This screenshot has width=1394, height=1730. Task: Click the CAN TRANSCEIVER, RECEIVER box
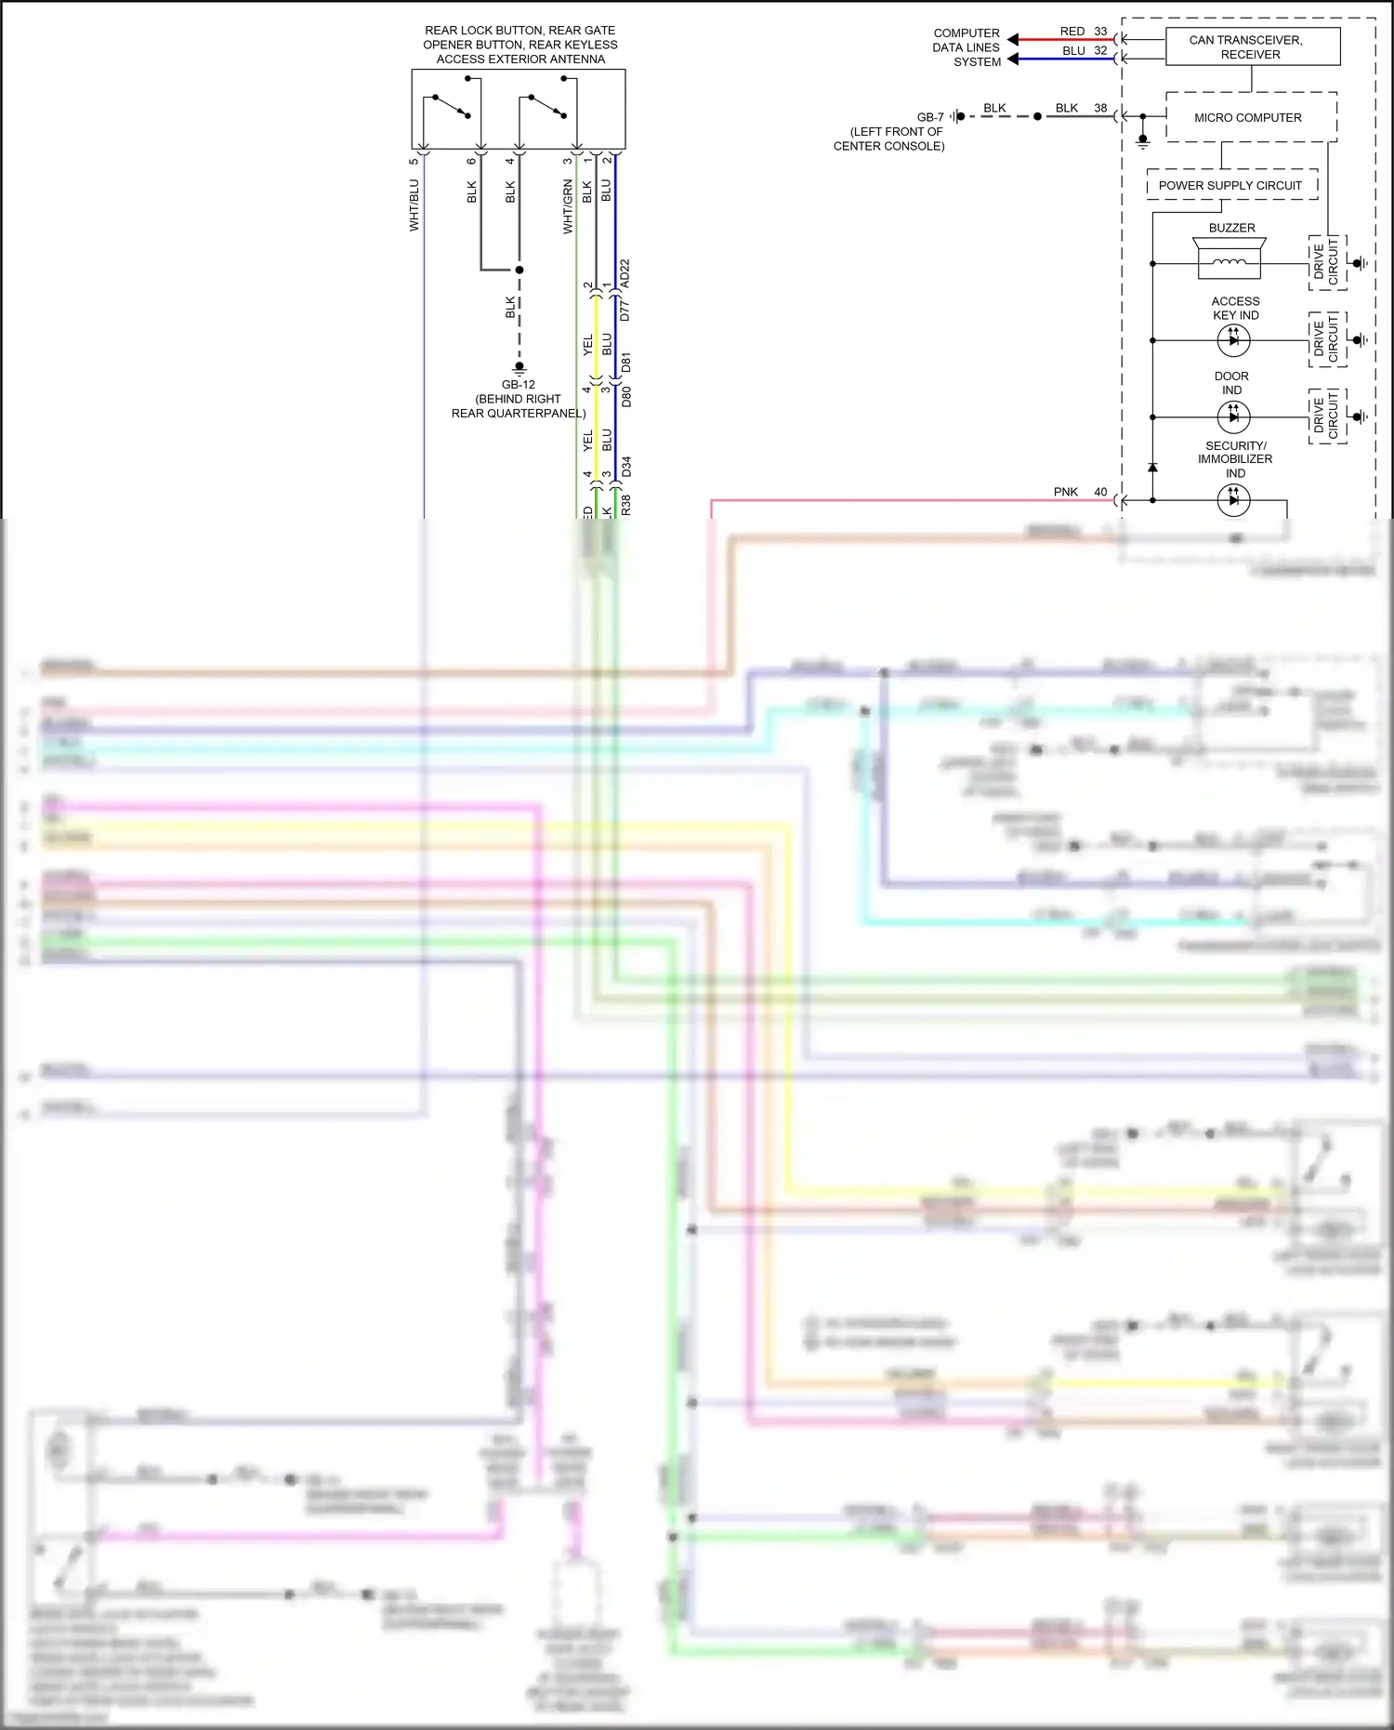point(1252,46)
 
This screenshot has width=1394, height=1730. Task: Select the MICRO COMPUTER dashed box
point(1250,117)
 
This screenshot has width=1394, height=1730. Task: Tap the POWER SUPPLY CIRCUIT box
point(1231,185)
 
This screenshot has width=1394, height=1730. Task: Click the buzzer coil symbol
point(1229,263)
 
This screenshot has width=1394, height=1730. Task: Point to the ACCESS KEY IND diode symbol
point(1233,340)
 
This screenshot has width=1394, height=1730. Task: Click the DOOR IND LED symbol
point(1233,416)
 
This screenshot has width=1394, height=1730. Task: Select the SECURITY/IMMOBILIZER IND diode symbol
point(1233,500)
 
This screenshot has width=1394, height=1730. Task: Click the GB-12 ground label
point(518,384)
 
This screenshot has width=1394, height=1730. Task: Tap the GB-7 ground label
point(929,117)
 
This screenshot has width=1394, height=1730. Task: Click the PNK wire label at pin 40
point(1065,492)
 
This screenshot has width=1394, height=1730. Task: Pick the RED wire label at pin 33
point(1072,32)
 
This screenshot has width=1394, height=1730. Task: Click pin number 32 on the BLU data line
point(1100,51)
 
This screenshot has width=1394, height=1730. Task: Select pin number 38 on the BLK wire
point(1100,108)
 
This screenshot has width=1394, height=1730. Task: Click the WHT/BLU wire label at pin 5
point(414,205)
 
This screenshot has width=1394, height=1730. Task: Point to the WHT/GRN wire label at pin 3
point(567,206)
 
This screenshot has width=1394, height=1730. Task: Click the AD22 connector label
point(625,273)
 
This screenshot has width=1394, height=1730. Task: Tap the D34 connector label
point(626,467)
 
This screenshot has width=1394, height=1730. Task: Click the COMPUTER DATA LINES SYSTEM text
point(967,47)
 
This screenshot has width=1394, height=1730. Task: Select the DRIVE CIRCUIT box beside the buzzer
point(1326,262)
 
